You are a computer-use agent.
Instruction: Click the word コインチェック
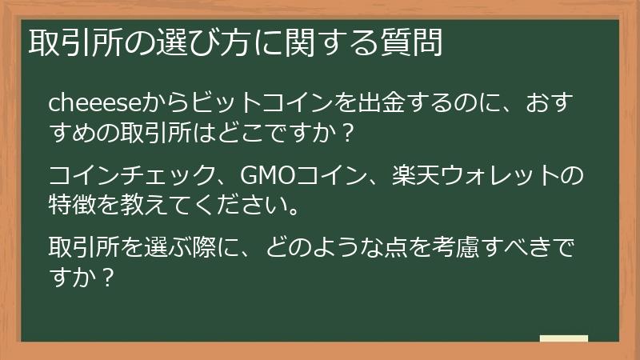click(x=120, y=173)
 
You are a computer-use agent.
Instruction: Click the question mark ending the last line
click(x=110, y=278)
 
